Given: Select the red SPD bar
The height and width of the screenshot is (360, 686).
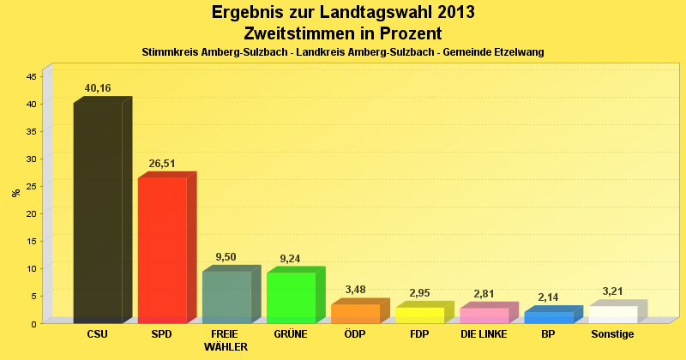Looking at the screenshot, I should (162, 249).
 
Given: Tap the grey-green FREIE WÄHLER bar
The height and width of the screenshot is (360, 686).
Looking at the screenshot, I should (226, 297).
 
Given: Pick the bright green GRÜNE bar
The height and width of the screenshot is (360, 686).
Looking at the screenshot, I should (291, 297).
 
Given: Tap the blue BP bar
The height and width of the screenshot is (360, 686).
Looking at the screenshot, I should (548, 317).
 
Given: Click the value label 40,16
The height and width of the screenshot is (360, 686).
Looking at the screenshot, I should (98, 88).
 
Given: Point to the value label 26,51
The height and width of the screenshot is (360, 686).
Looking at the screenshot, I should (162, 163).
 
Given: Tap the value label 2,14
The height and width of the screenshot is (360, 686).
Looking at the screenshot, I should (548, 297).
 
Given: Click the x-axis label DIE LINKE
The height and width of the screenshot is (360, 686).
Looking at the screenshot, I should (484, 334).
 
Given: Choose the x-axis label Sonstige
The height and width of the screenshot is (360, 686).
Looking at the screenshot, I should (612, 334).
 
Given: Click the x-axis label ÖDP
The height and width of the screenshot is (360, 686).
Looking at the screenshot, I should (355, 334).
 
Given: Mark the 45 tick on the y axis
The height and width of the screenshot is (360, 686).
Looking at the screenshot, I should (31, 76).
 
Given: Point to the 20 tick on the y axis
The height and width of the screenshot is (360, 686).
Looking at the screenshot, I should (31, 213).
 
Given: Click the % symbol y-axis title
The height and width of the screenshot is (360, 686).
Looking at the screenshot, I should (15, 192).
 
